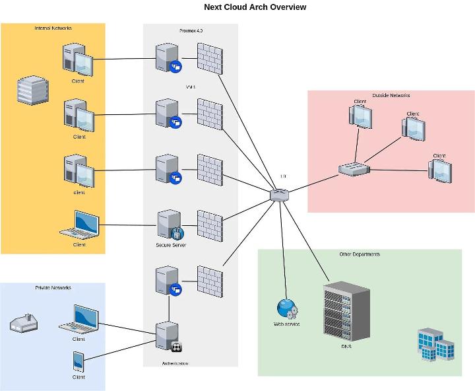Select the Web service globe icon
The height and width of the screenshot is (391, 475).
click(x=286, y=308)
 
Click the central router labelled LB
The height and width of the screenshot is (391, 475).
click(x=279, y=194)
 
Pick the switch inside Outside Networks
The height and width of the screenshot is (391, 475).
click(x=354, y=169)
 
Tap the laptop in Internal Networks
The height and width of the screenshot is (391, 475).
click(x=80, y=225)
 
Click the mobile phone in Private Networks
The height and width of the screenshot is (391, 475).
click(x=79, y=361)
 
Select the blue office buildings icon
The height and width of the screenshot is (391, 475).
click(x=436, y=345)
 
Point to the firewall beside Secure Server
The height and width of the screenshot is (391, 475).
click(x=210, y=225)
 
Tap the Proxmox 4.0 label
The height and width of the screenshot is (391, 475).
click(x=191, y=30)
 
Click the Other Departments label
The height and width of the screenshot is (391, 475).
click(x=359, y=254)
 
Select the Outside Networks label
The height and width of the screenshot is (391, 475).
click(x=391, y=96)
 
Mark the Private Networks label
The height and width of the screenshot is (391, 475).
click(x=53, y=288)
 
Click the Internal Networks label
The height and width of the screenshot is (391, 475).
click(x=53, y=28)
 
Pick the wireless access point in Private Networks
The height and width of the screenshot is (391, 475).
click(x=24, y=323)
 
